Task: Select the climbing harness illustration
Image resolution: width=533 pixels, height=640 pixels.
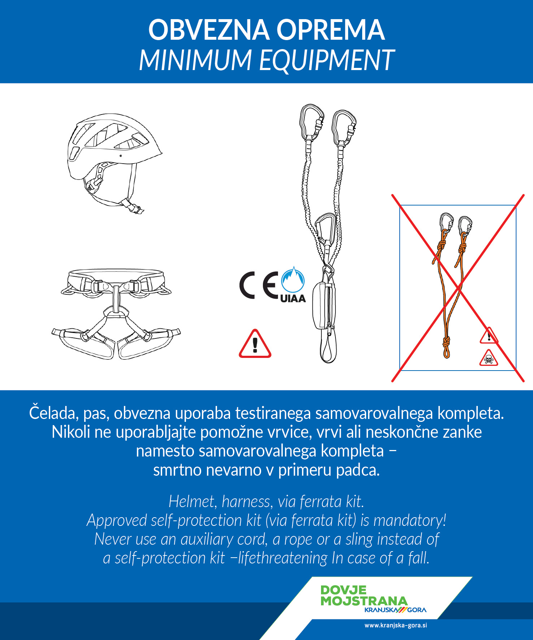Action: coord(116,313)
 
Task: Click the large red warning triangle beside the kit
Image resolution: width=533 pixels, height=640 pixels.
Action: coord(255,344)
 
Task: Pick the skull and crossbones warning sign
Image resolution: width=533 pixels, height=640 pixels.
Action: coord(489,358)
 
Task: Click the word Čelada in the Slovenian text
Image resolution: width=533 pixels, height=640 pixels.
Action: coord(53,413)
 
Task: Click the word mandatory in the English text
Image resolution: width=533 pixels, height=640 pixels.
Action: coord(410,521)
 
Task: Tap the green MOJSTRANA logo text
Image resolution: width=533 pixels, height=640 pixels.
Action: coord(364,601)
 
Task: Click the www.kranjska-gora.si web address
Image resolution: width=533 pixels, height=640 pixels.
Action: coord(396,625)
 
